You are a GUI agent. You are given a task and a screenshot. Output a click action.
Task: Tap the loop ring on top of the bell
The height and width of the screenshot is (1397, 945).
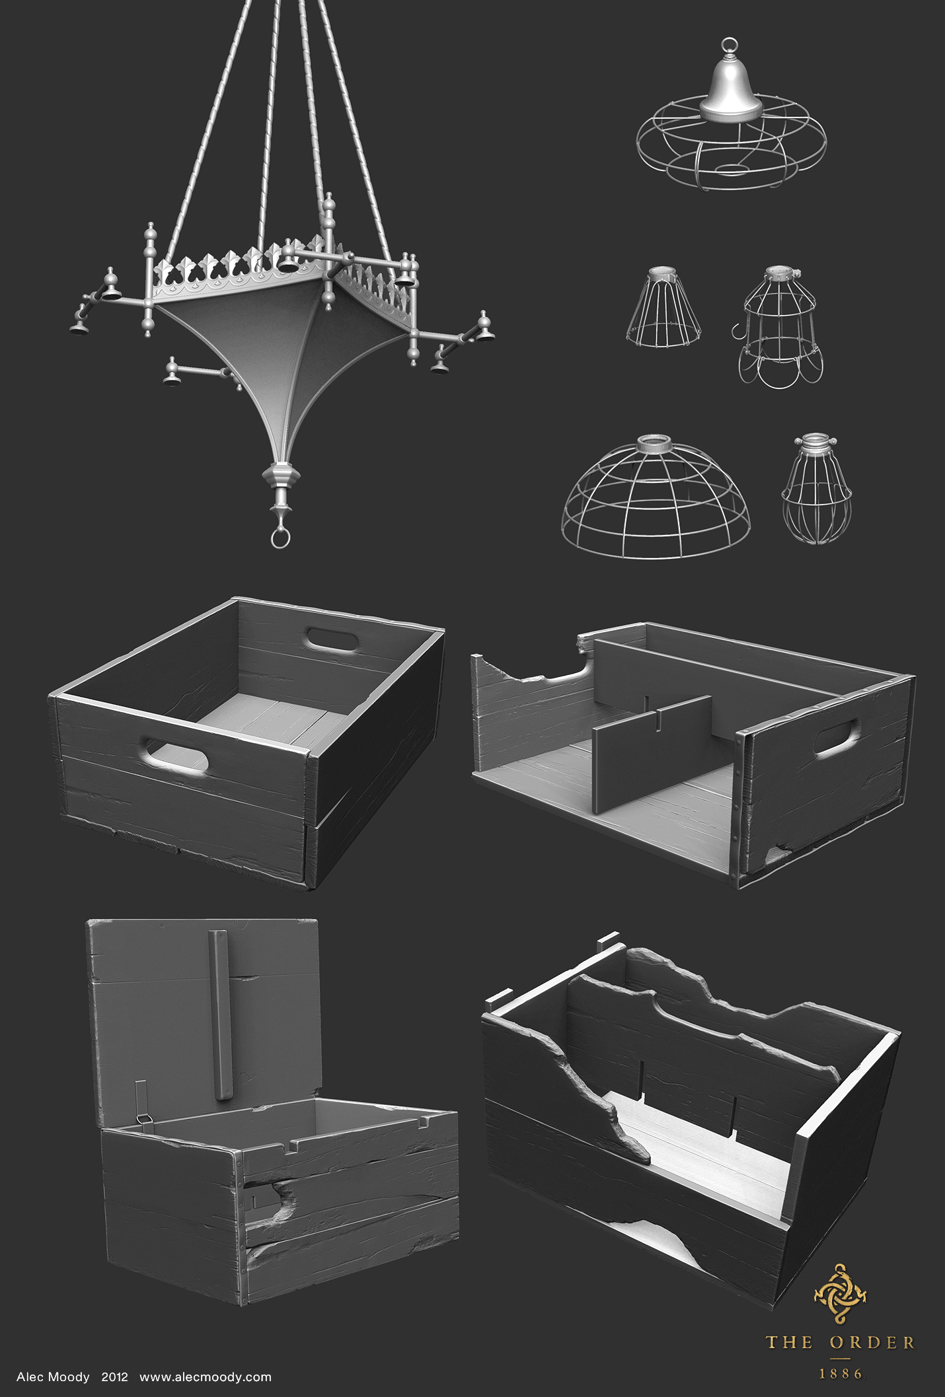730,46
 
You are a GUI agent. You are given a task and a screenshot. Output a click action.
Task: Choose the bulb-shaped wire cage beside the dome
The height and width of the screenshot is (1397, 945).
817,488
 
